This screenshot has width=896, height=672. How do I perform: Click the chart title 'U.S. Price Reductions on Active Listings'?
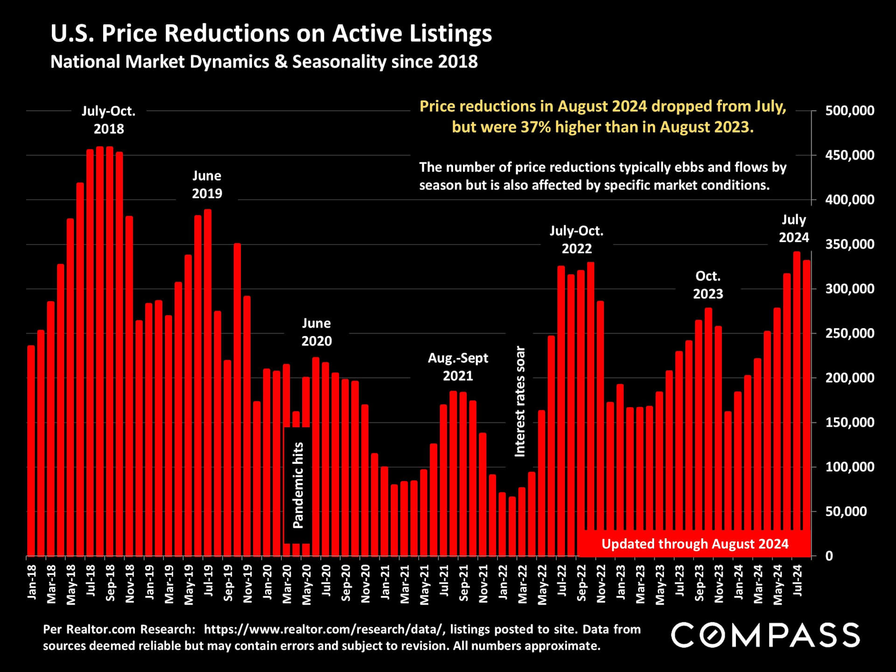pyautogui.click(x=271, y=34)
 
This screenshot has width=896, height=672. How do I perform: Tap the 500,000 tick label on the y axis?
pyautogui.click(x=849, y=111)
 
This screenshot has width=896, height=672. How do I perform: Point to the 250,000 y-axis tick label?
pyautogui.click(x=849, y=334)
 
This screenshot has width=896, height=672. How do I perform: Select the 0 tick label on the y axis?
pyautogui.click(x=829, y=556)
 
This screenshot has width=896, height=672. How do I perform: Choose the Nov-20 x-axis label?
pyautogui.click(x=365, y=584)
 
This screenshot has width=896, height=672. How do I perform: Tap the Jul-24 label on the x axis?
pyautogui.click(x=798, y=581)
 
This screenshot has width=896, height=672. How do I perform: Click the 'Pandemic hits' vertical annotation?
pyautogui.click(x=298, y=485)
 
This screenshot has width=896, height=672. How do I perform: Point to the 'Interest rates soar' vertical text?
pyautogui.click(x=520, y=401)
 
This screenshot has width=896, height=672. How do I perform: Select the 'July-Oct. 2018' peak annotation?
pyautogui.click(x=109, y=120)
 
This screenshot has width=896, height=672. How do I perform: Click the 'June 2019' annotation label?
pyautogui.click(x=207, y=184)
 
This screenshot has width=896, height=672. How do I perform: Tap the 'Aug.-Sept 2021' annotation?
pyautogui.click(x=458, y=367)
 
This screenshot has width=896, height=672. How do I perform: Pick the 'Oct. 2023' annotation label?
pyautogui.click(x=708, y=285)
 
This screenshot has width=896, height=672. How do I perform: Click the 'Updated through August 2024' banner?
pyautogui.click(x=694, y=544)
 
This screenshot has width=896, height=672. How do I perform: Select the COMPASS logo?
pyautogui.click(x=765, y=635)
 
